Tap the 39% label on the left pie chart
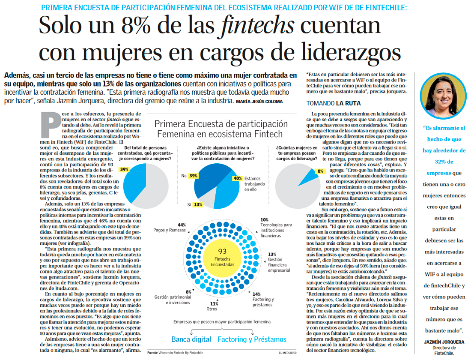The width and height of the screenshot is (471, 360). (x=124, y=170)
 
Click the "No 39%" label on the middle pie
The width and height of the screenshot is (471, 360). (x=190, y=176)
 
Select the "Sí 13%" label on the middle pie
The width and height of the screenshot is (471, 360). (x=195, y=204)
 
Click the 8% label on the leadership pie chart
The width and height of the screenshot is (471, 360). (x=320, y=171)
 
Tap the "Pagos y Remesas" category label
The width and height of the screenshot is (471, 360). (x=170, y=230)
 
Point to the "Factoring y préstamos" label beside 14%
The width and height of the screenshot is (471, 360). (x=263, y=302)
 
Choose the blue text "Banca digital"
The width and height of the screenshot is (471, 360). (x=191, y=339)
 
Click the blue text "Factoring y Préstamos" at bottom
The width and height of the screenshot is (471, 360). (x=252, y=339)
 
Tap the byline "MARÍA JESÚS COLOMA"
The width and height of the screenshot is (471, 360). (x=259, y=101)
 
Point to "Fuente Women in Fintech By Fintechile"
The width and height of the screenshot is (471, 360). (x=175, y=353)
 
